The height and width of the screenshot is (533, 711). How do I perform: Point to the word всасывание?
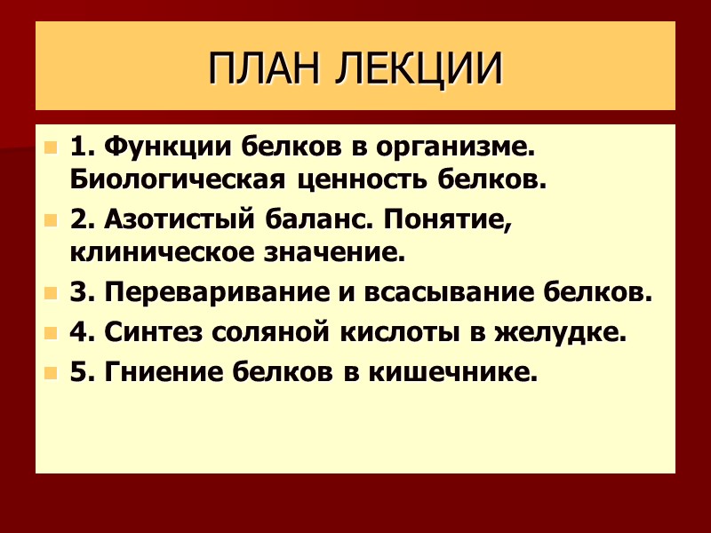(x=436, y=292)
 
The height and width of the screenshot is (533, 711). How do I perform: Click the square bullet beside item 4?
(x=51, y=333)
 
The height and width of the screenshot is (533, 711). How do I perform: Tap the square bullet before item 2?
(x=51, y=219)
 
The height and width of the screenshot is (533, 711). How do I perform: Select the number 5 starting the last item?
(x=77, y=372)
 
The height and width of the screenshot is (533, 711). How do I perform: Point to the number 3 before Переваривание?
(x=77, y=291)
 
